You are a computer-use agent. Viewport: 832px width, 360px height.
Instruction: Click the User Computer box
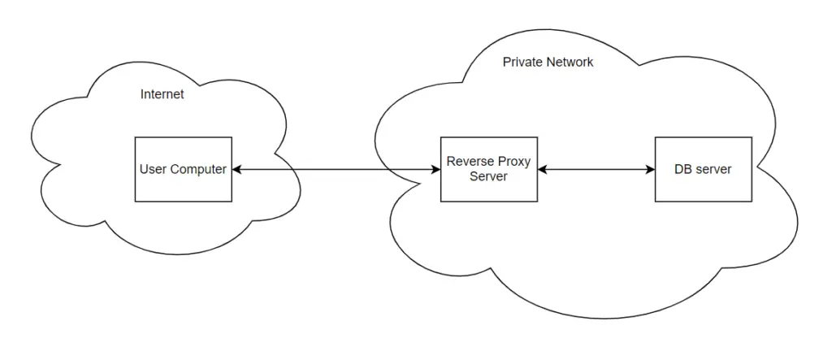tap(183, 169)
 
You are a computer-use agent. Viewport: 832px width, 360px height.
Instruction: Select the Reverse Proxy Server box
tap(488, 169)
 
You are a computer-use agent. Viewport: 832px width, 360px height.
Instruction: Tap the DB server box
tap(703, 169)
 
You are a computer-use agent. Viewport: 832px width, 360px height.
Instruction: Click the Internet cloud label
tap(162, 94)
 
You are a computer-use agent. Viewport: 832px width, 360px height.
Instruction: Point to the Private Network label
tap(548, 62)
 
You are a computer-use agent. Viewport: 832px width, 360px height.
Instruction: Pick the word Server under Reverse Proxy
tap(488, 176)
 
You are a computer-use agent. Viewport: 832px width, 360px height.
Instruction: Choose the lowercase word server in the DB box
tap(713, 170)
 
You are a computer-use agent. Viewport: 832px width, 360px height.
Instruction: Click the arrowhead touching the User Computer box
tap(236, 169)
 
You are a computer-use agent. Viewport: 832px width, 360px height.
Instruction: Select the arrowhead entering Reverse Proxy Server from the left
tap(435, 169)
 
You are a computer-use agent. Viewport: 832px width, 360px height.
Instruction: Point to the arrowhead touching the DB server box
tap(650, 169)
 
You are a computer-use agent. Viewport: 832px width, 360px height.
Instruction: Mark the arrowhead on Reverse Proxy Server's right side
tap(542, 169)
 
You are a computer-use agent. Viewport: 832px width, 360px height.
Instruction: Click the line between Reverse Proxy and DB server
tap(596, 169)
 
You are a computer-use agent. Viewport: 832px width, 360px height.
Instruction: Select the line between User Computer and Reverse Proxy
tap(336, 169)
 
